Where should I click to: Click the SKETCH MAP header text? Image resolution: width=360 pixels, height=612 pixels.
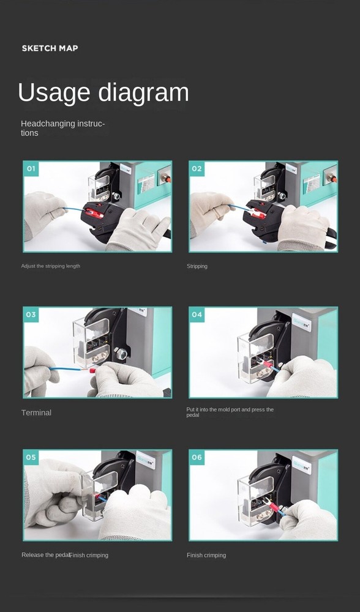pos(50,48)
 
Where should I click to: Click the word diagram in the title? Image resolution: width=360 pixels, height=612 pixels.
pos(144,93)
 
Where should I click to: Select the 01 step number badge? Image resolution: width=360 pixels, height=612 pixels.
pos(31,168)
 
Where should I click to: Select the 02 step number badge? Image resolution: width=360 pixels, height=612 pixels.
pos(197,168)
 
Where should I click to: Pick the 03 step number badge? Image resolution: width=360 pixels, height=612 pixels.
pos(31,315)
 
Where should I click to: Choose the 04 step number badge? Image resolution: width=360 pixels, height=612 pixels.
pos(197,315)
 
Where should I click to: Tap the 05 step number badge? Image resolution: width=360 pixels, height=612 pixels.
pos(31,457)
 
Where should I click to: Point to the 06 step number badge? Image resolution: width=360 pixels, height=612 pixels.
pos(197,457)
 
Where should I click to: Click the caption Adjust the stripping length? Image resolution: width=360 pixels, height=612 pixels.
pos(50,266)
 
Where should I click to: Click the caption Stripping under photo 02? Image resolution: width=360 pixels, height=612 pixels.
pos(197,266)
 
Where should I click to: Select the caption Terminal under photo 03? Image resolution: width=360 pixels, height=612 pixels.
pos(36,412)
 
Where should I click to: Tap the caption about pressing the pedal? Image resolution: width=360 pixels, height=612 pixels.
pos(230,412)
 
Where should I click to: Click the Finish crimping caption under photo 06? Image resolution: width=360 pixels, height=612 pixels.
pos(206,555)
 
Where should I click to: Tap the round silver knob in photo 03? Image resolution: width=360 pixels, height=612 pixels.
pos(121,353)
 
